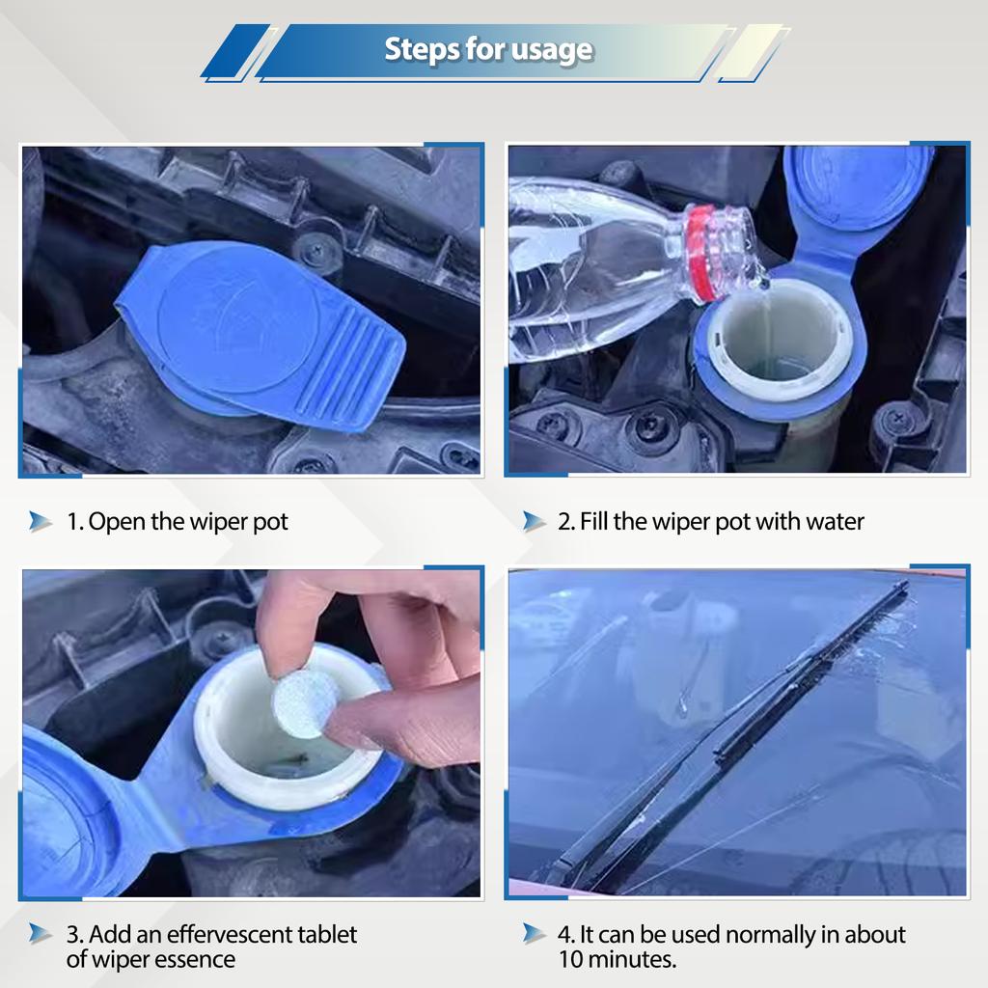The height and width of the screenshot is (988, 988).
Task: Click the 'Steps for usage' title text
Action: (x=488, y=49)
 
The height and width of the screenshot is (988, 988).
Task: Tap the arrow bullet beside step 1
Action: (x=40, y=522)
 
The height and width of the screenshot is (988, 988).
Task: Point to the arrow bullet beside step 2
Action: (x=534, y=522)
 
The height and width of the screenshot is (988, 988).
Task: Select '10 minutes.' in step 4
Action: (x=617, y=959)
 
